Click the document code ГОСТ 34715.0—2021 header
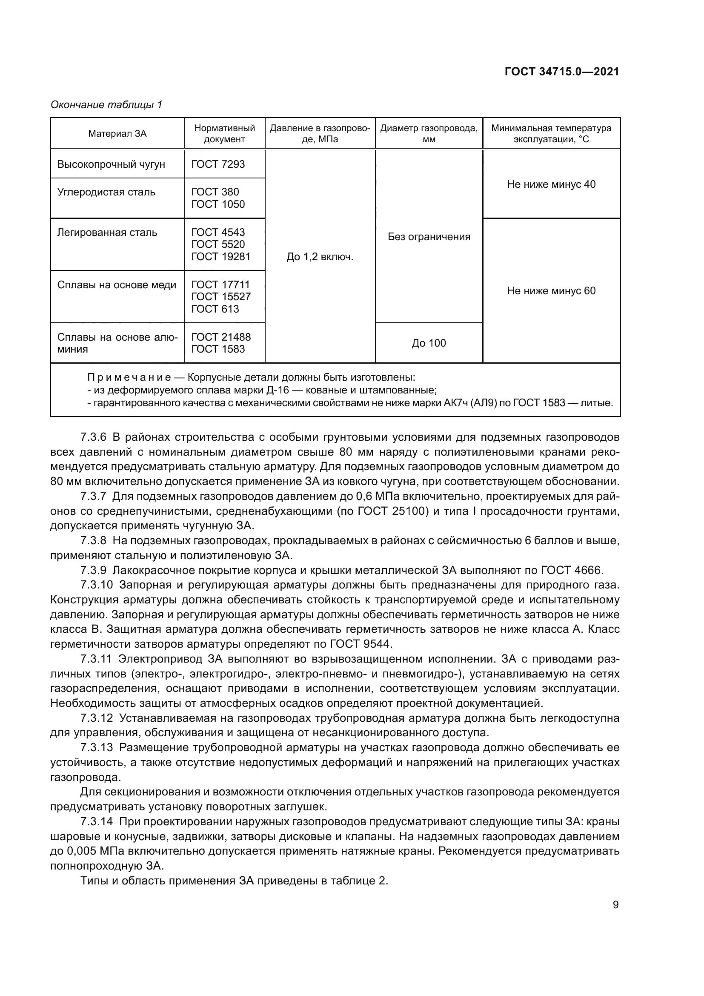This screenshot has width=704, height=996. [x=562, y=72]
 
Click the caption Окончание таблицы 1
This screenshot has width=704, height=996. [x=106, y=105]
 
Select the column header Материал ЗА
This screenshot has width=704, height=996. [x=117, y=134]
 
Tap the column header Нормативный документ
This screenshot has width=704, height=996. [x=225, y=134]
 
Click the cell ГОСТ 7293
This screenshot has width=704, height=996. [x=218, y=164]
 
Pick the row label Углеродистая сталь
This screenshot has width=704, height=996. [x=106, y=192]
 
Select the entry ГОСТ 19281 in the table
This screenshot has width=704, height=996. [x=221, y=257]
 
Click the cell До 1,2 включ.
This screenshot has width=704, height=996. [x=320, y=257]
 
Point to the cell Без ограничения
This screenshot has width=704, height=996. [x=429, y=237]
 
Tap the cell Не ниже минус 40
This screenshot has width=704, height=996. [x=551, y=184]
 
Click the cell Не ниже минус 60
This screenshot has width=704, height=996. [x=551, y=291]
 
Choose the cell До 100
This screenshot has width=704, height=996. [x=429, y=343]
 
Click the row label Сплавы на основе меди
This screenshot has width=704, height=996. [x=117, y=285]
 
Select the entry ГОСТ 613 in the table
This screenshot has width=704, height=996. [x=215, y=309]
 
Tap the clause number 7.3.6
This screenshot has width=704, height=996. [x=93, y=437]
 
